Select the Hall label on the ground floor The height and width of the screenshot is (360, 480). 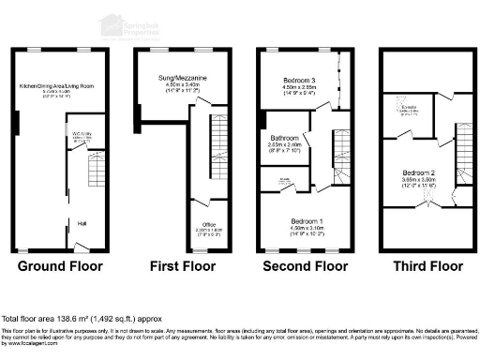point(83,223)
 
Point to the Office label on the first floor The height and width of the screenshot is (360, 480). point(208,224)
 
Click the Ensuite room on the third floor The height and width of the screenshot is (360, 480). point(409,110)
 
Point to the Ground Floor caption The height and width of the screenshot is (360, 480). point(60,266)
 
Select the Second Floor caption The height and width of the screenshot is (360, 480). point(306,266)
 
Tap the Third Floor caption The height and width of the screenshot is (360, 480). point(427,266)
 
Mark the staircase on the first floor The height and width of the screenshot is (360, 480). point(215,136)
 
